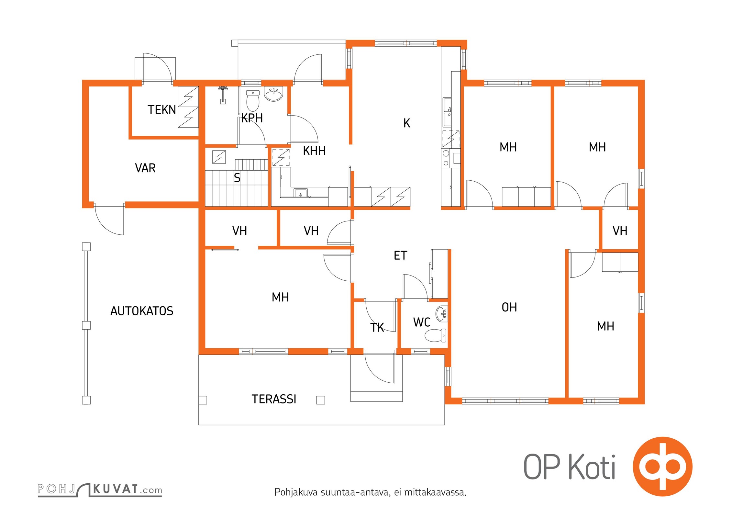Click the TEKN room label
click(162, 110)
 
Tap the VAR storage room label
click(145, 168)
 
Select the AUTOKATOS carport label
click(142, 311)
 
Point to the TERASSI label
click(274, 399)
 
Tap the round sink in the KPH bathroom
click(274, 94)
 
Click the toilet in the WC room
click(435, 335)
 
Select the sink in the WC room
click(442, 314)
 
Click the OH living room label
click(509, 307)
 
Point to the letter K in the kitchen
click(407, 123)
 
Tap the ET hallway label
click(400, 256)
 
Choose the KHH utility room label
click(314, 151)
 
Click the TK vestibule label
click(377, 328)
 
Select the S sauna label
click(237, 178)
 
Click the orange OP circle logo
click(662, 467)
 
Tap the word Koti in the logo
click(592, 467)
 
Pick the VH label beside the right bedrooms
click(620, 231)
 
